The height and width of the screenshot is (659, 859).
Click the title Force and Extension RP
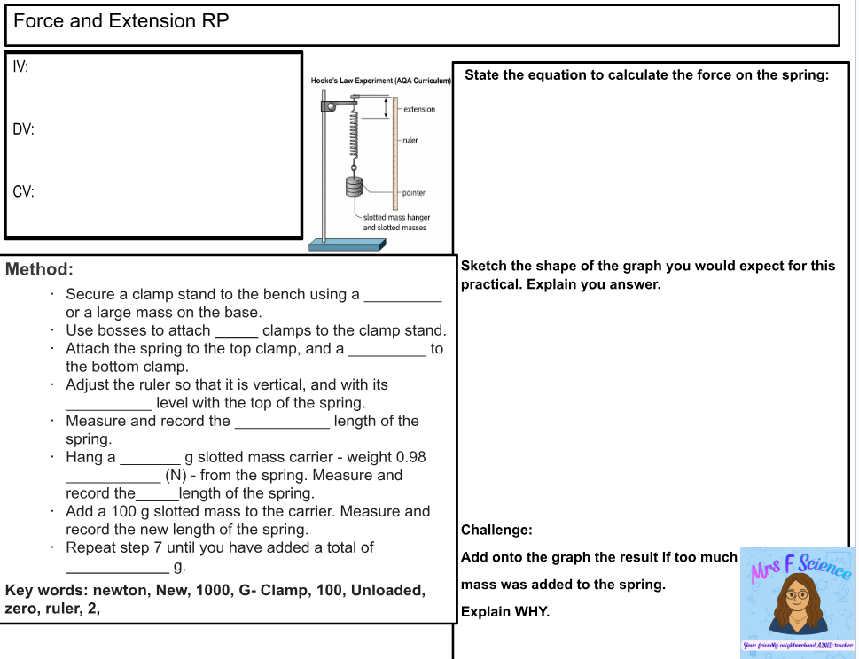pyautogui.click(x=121, y=21)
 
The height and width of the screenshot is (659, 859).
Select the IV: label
pyautogui.click(x=21, y=67)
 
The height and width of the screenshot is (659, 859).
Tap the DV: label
pyautogui.click(x=24, y=129)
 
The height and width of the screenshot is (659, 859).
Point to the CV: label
pyautogui.click(x=24, y=191)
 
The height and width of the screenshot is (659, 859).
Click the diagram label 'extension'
pyautogui.click(x=418, y=109)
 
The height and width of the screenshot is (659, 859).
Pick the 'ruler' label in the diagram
pyautogui.click(x=410, y=141)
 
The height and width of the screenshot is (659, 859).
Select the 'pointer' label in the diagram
pyautogui.click(x=413, y=192)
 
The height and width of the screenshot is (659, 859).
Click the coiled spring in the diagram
pyautogui.click(x=354, y=133)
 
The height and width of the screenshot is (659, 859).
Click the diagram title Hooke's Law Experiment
pyautogui.click(x=381, y=81)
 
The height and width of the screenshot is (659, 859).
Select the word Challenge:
pyautogui.click(x=496, y=531)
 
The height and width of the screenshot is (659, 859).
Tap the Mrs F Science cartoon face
pyautogui.click(x=796, y=599)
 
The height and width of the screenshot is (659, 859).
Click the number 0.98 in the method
pyautogui.click(x=410, y=457)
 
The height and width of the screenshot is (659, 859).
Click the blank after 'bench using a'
pyautogui.click(x=402, y=295)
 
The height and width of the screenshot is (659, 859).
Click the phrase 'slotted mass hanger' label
pyautogui.click(x=396, y=217)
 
